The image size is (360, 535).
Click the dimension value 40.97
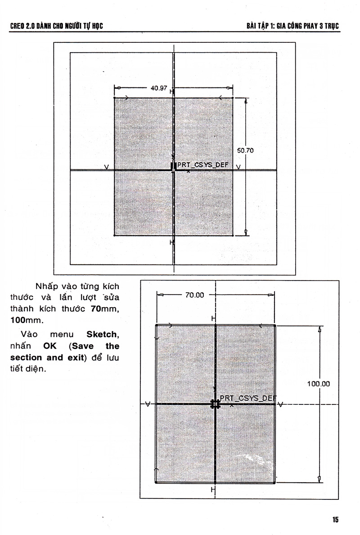[x=159, y=88]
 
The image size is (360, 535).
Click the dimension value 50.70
[x=245, y=150]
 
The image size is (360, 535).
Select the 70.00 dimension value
[x=195, y=295]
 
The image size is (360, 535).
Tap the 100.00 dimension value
[x=319, y=384]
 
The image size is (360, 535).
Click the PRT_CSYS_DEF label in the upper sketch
[x=203, y=165]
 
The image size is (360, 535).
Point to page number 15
[x=335, y=520]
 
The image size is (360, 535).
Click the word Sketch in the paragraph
[x=102, y=334]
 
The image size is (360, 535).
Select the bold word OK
[x=50, y=346]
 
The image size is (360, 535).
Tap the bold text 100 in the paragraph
[x=18, y=320]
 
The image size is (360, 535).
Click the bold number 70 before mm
[x=96, y=309]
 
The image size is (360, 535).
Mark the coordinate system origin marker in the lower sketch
[x=215, y=404]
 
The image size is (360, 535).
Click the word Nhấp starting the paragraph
[x=47, y=286]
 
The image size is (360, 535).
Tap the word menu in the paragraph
[x=62, y=334]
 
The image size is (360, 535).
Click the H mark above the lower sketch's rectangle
[x=213, y=319]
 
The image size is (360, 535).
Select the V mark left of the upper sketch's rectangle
[x=106, y=167]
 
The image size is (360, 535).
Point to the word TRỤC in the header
[x=332, y=26]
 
